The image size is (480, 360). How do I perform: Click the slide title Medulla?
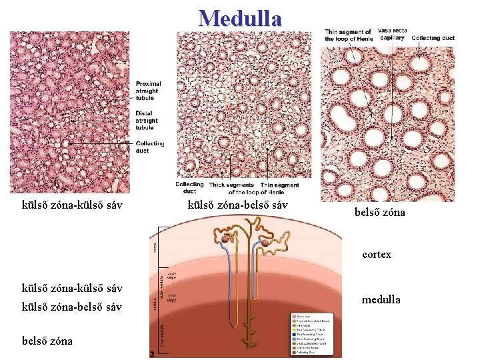coord(240,18)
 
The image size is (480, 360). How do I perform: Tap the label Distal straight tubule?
coord(145,120)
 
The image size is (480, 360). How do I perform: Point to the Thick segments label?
coord(231,185)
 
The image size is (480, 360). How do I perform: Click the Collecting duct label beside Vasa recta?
coord(433,39)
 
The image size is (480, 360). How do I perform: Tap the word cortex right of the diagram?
coord(377,254)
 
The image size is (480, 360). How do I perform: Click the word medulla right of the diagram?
coord(381,299)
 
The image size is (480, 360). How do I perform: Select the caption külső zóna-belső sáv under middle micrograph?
coord(238,205)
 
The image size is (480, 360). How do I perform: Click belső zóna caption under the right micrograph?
coord(379,213)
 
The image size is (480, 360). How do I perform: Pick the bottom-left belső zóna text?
coord(47,340)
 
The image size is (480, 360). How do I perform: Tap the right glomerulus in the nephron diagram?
coord(266,245)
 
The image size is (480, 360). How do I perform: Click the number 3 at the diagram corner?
coord(153,354)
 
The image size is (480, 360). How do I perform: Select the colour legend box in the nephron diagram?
coord(315,333)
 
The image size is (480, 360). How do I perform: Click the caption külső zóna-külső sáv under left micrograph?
coord(72,205)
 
